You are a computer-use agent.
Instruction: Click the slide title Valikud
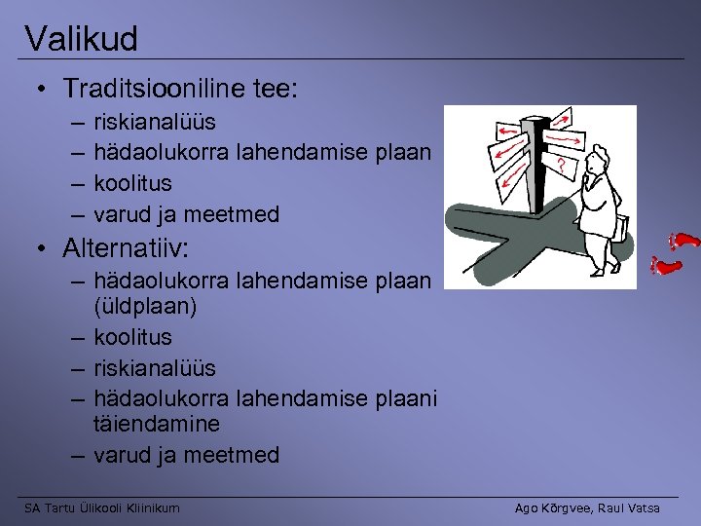pos(82,39)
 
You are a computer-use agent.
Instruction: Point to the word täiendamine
pos(157,424)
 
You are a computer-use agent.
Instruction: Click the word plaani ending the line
pos(399,398)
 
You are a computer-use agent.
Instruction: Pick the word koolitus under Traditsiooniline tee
pos(132,183)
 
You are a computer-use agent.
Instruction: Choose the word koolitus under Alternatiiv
pos(132,337)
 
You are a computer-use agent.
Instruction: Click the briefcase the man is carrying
pos(618,227)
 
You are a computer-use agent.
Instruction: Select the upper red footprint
pos(686,240)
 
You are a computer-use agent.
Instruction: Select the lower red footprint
pos(665,263)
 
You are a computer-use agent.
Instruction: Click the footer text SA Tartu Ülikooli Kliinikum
pos(102,507)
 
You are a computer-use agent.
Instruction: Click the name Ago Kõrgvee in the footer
pos(551,507)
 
